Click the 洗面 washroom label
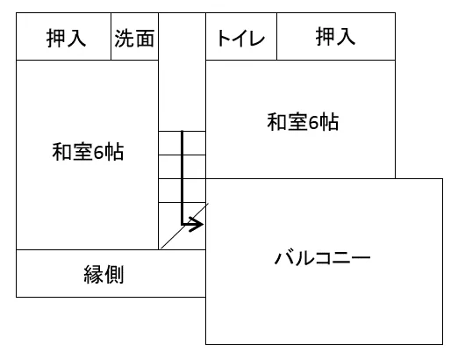134,39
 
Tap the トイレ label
240,39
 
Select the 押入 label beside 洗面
66,38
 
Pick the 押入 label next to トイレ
335,36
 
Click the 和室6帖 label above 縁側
88,152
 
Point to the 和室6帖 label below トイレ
303,122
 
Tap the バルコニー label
323,258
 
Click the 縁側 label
104,274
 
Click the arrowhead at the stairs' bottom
197,225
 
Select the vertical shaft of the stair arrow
182,177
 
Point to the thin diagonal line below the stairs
184,226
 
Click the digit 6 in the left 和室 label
99,152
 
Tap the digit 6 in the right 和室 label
314,122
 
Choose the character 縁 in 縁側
94,274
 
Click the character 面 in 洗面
145,39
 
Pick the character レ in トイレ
257,39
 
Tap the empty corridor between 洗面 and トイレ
182,72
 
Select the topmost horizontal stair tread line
182,131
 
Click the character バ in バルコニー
283,258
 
